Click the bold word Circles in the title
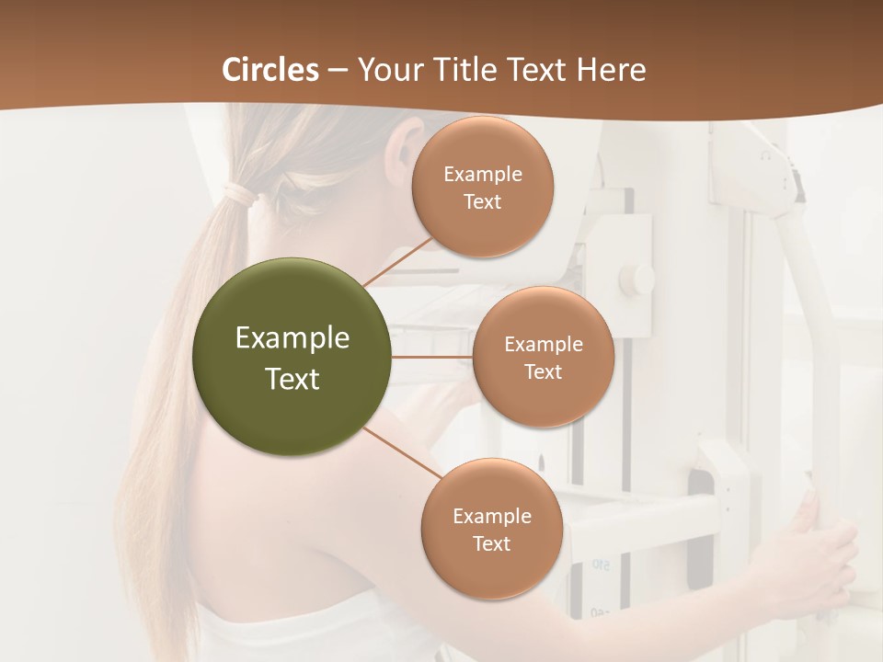(x=270, y=70)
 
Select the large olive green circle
(x=292, y=357)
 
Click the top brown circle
(x=483, y=188)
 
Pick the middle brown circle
(x=543, y=357)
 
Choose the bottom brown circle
(x=491, y=529)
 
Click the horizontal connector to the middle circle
(x=432, y=357)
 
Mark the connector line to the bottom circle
(x=403, y=453)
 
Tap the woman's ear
(x=405, y=147)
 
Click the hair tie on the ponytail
(x=241, y=194)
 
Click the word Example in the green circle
(x=292, y=338)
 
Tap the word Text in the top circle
(x=483, y=201)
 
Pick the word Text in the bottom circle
(x=491, y=543)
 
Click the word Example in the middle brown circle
(x=543, y=344)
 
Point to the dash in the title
(x=338, y=71)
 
